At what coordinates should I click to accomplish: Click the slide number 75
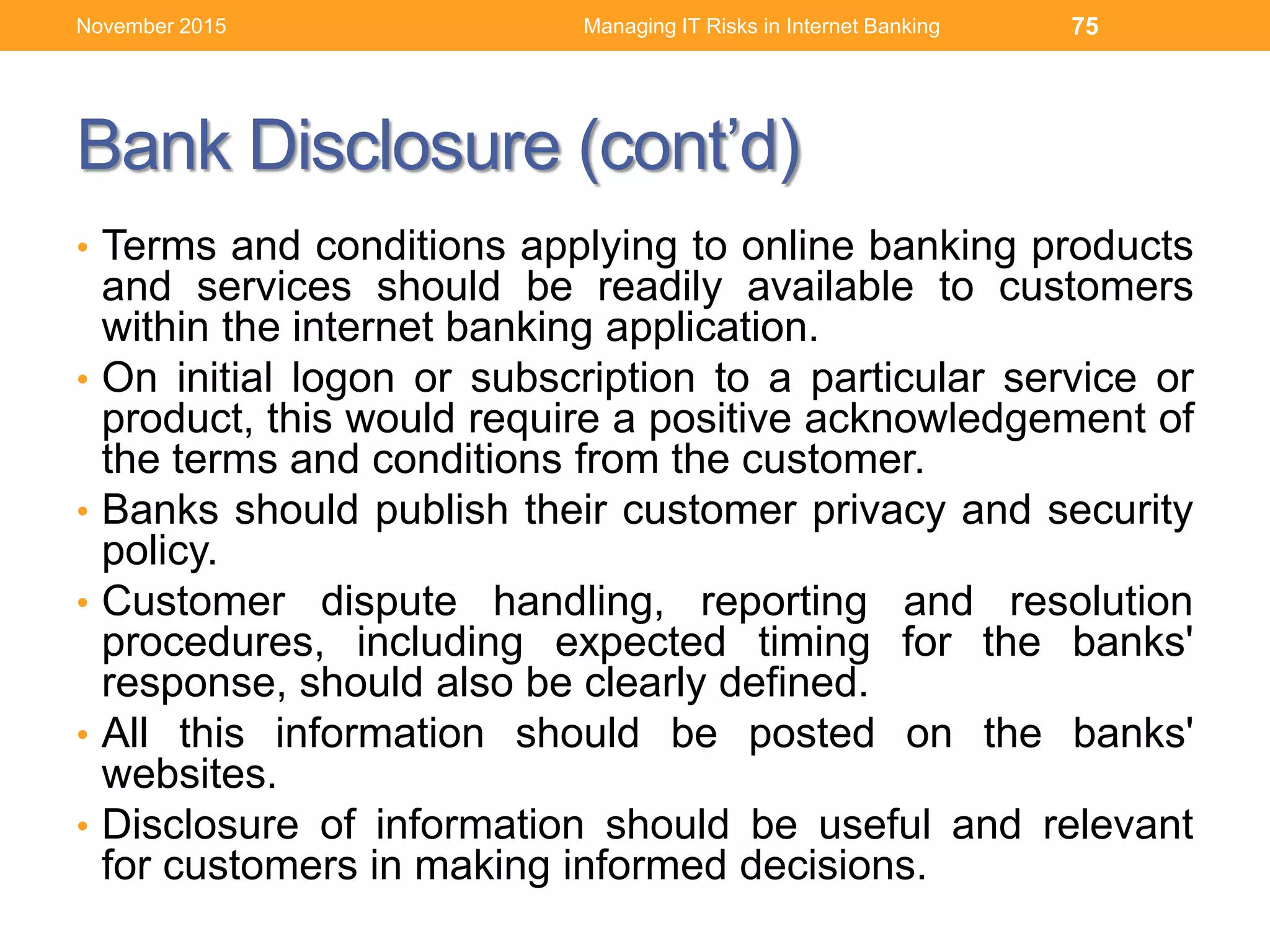(1085, 26)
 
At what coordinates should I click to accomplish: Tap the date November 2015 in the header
(151, 26)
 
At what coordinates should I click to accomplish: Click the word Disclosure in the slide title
(406, 146)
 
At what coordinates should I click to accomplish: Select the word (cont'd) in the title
(690, 148)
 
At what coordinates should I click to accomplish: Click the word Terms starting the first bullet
(159, 245)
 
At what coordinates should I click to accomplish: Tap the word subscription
(582, 378)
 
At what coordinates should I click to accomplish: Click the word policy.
(159, 551)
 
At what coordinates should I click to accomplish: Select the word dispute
(389, 602)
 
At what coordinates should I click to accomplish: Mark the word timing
(814, 643)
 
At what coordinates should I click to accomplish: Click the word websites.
(189, 774)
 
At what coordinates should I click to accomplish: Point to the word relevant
(1117, 825)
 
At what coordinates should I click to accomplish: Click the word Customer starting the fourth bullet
(193, 602)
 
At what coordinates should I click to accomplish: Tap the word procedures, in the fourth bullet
(213, 643)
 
